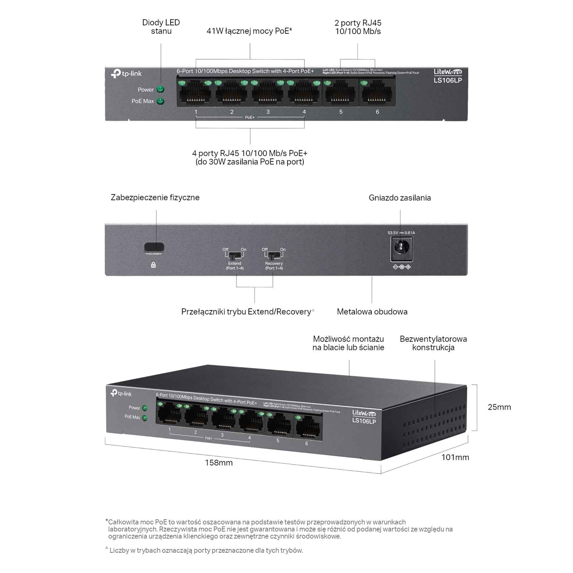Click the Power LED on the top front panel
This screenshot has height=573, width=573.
click(x=160, y=90)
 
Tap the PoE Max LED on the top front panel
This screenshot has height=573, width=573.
click(x=160, y=101)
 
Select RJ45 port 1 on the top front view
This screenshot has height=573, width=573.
click(x=195, y=94)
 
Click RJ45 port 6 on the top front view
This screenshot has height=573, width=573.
click(x=377, y=94)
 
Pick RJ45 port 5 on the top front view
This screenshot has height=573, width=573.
click(x=340, y=94)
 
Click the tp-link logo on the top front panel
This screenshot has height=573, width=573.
click(x=126, y=74)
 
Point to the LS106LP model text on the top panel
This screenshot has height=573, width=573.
click(x=448, y=80)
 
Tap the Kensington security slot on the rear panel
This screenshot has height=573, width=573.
click(x=154, y=247)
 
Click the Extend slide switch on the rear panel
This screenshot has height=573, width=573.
click(x=234, y=256)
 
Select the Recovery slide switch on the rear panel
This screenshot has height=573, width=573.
click(x=274, y=256)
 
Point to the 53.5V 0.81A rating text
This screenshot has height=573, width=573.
click(x=401, y=233)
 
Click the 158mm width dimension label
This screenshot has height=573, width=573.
click(x=218, y=463)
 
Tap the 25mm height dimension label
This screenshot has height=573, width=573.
click(x=499, y=407)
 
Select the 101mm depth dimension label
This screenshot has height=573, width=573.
click(x=455, y=457)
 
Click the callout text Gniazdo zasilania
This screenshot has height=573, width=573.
click(x=400, y=198)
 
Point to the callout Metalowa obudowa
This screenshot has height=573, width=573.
click(x=372, y=312)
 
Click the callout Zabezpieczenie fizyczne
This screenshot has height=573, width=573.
click(x=155, y=197)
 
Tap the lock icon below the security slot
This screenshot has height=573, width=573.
click(x=153, y=265)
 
